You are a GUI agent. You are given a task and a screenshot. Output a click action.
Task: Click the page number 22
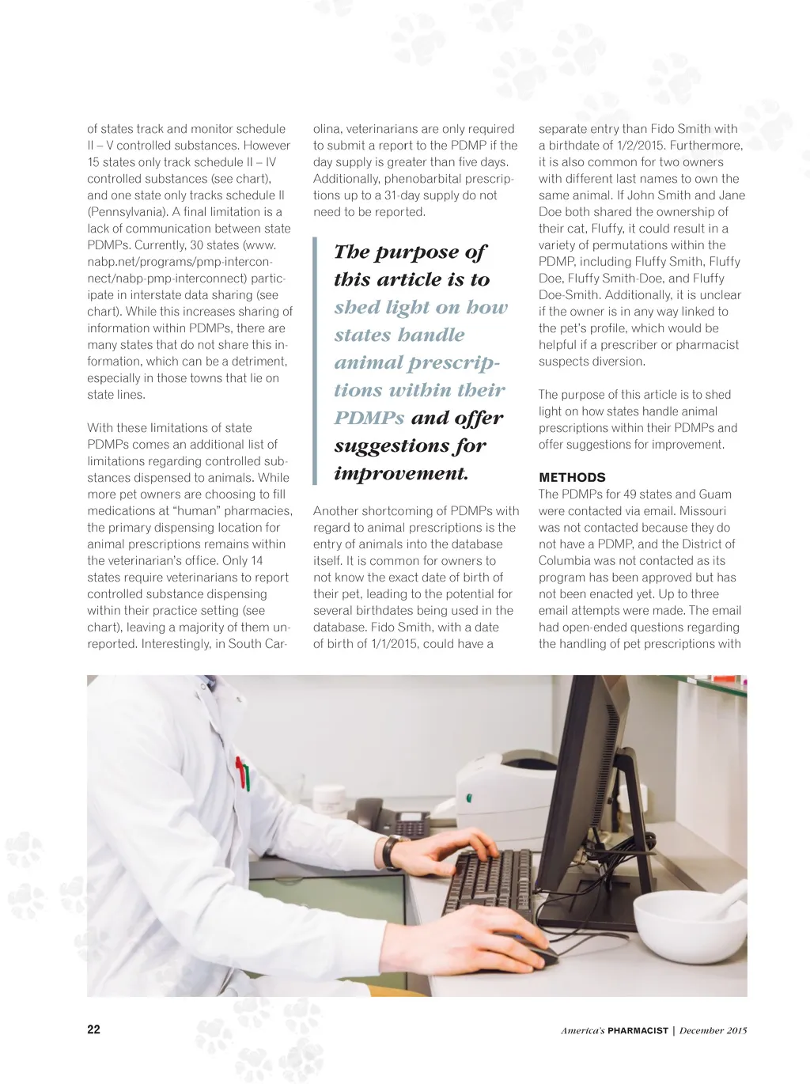tap(93, 1029)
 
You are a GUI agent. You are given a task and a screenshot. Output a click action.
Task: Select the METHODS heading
tap(572, 477)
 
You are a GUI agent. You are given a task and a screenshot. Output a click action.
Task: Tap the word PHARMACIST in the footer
tap(638, 1030)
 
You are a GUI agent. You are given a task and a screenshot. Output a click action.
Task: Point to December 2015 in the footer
tap(713, 1030)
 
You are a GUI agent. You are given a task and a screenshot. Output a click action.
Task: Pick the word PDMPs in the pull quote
tap(369, 418)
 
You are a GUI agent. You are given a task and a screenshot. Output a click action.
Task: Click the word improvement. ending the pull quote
tap(401, 473)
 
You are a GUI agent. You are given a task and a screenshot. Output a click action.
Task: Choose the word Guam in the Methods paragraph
tap(713, 495)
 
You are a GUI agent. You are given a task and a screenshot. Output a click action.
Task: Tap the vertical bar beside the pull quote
tap(316, 362)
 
